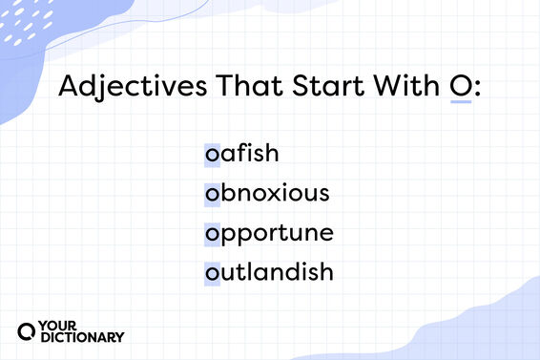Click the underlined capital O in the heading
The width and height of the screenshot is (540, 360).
(460, 87)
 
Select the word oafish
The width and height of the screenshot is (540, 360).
(241, 153)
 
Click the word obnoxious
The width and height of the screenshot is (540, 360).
(266, 193)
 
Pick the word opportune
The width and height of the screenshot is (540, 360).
(267, 234)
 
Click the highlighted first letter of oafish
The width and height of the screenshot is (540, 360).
(211, 154)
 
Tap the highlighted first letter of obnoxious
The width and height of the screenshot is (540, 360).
(211, 194)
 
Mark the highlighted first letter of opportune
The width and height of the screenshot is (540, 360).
(211, 234)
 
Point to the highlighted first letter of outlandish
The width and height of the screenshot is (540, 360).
(211, 273)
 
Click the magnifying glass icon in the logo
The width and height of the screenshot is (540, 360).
(28, 329)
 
